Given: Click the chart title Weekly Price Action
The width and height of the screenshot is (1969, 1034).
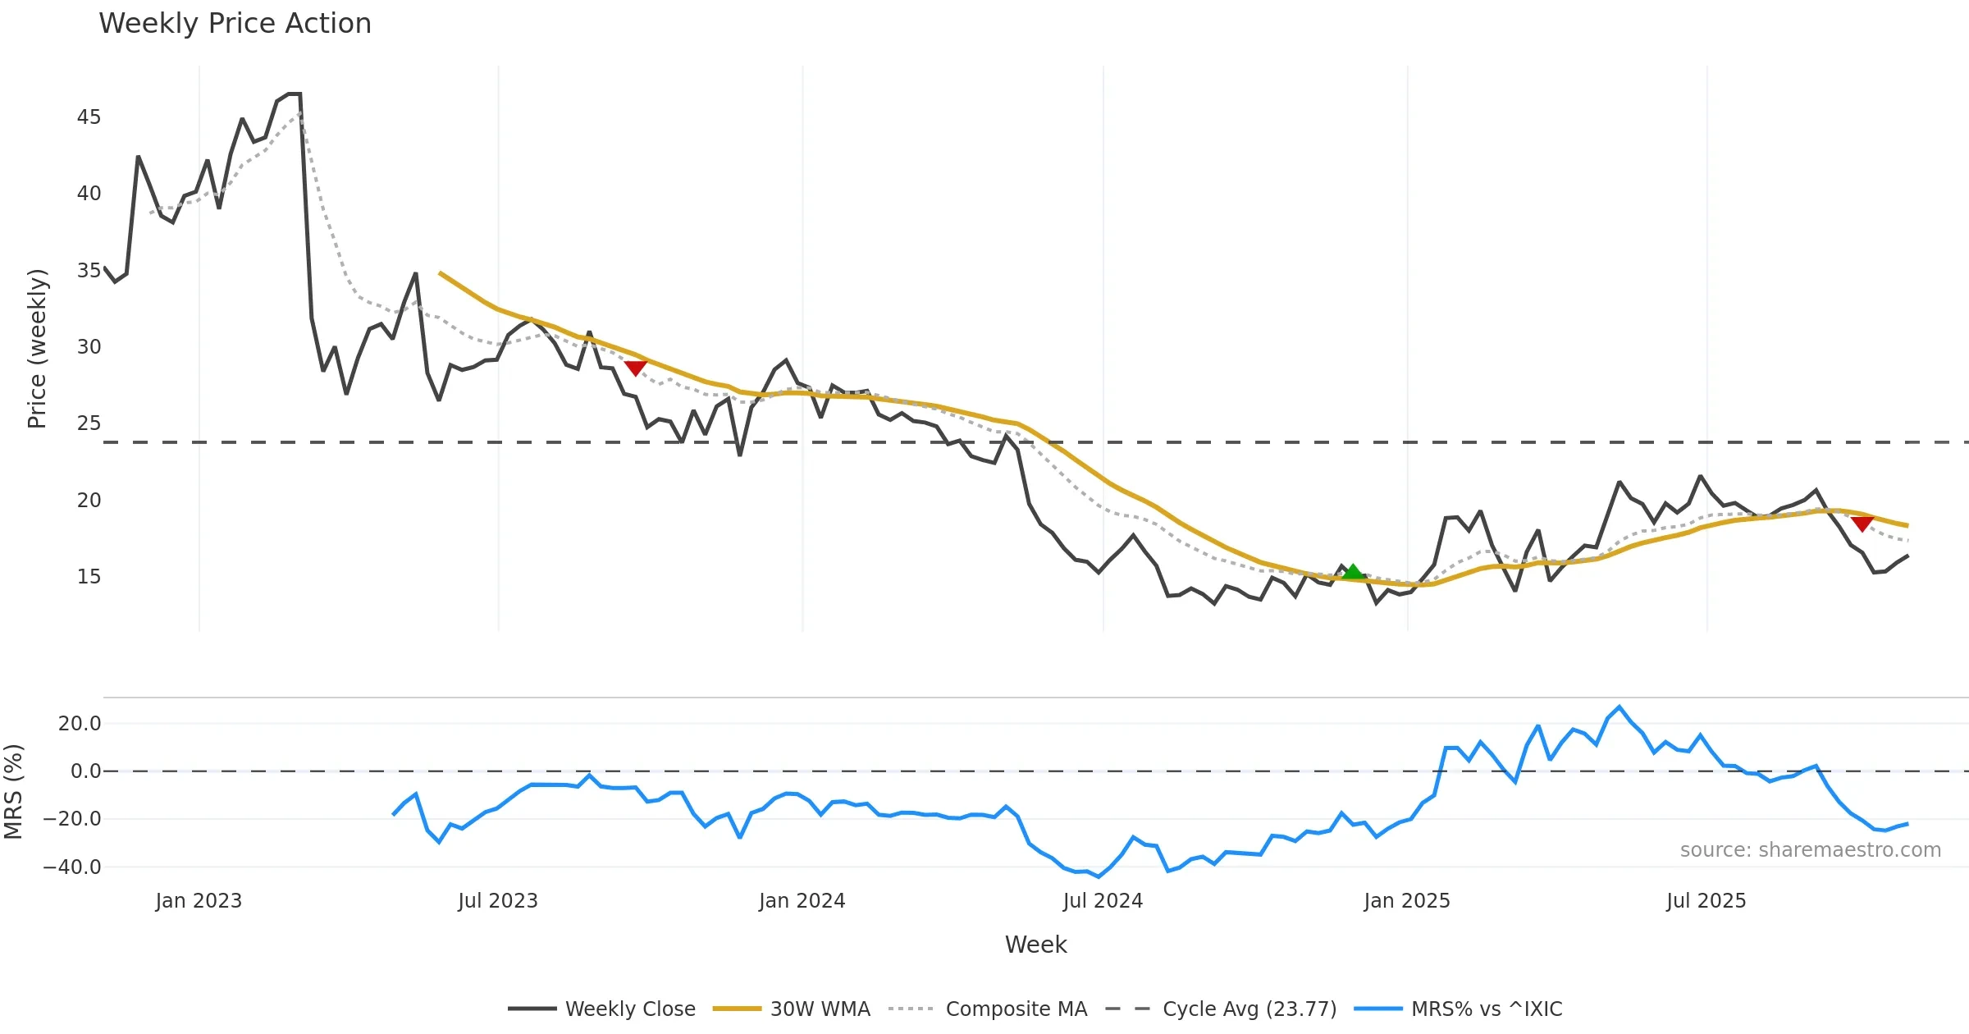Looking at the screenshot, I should pyautogui.click(x=235, y=24).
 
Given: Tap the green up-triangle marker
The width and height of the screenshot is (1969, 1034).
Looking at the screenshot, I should pyautogui.click(x=1353, y=572).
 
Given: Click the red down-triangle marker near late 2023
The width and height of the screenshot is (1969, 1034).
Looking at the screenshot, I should pyautogui.click(x=635, y=368).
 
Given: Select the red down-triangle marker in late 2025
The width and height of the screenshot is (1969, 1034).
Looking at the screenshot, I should pyautogui.click(x=1862, y=524).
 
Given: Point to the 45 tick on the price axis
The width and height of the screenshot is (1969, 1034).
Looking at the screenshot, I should pyautogui.click(x=89, y=117).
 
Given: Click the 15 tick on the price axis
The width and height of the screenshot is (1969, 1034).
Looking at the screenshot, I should pyautogui.click(x=89, y=577).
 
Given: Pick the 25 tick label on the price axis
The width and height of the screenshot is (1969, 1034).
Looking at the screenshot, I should pyautogui.click(x=89, y=423).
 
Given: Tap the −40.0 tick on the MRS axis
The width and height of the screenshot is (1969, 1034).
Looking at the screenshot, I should pyautogui.click(x=72, y=867).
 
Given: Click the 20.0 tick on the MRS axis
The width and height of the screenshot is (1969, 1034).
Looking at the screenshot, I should pyautogui.click(x=80, y=724).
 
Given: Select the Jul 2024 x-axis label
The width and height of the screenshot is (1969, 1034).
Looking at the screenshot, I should pyautogui.click(x=1103, y=901).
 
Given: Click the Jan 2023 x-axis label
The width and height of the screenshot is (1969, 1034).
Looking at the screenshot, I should pyautogui.click(x=199, y=901).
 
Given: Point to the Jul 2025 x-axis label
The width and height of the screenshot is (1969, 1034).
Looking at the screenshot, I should pyautogui.click(x=1706, y=901).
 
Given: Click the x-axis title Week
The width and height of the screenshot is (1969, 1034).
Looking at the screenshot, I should pyautogui.click(x=1035, y=945).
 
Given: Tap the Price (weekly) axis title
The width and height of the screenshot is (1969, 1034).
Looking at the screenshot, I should pyautogui.click(x=37, y=349).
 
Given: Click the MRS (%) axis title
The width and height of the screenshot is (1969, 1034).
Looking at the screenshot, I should pyautogui.click(x=14, y=792).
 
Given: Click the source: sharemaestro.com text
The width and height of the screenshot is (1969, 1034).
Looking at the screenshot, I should pyautogui.click(x=1810, y=850).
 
